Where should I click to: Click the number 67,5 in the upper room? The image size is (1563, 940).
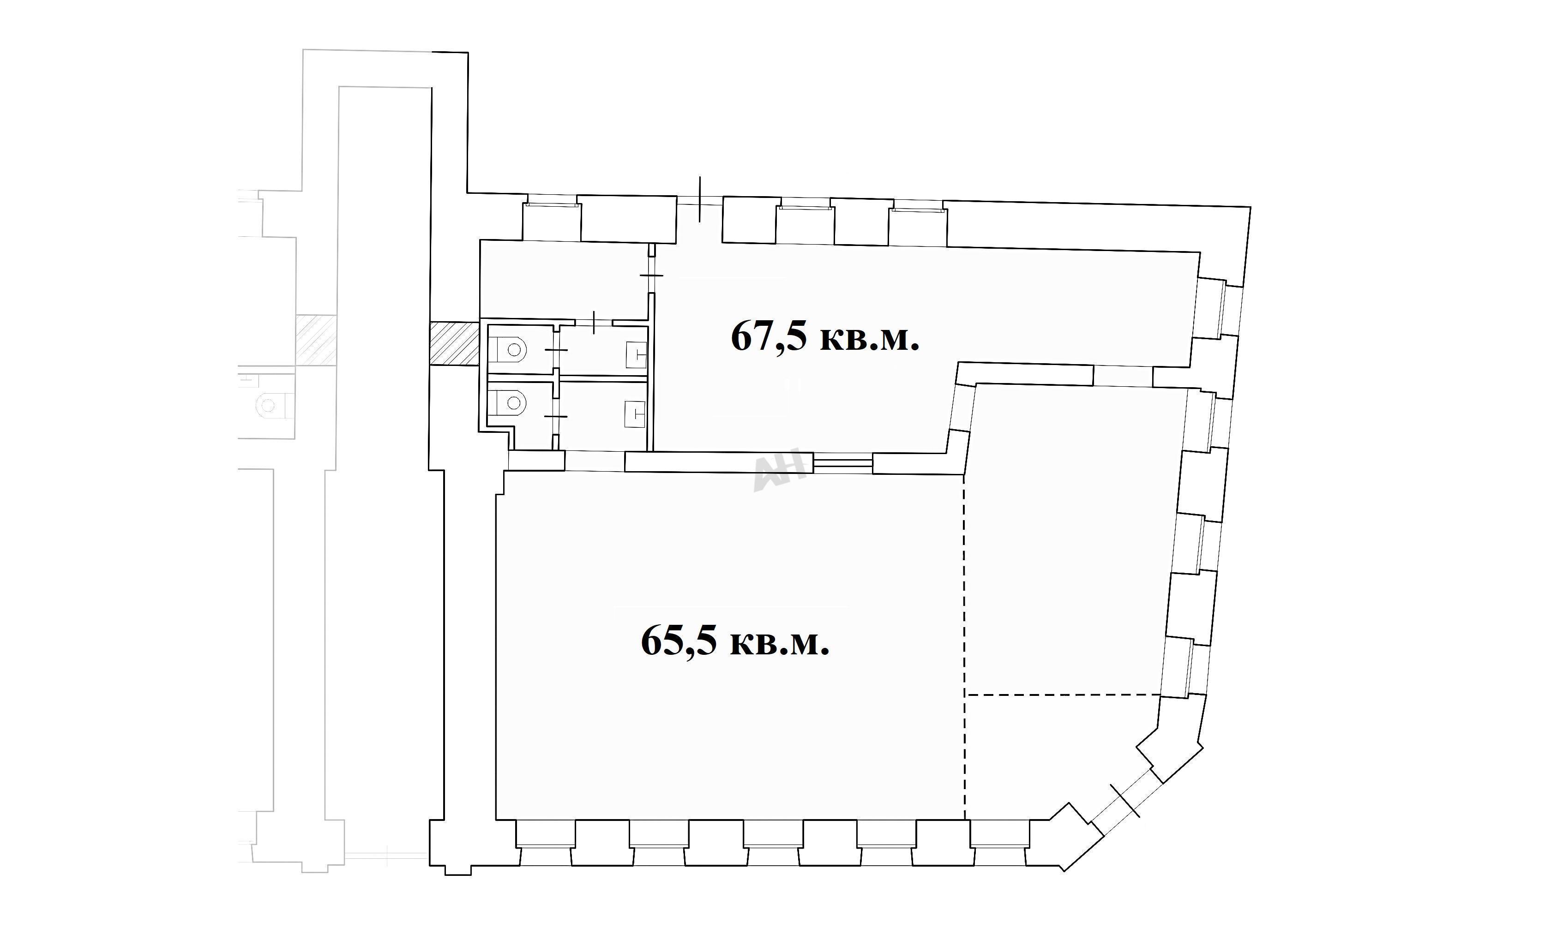click(769, 336)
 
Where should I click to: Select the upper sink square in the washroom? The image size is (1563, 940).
click(636, 355)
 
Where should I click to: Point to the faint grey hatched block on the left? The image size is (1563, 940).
click(316, 340)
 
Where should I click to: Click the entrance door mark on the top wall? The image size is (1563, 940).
click(699, 199)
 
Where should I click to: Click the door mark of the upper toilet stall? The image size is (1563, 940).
click(556, 350)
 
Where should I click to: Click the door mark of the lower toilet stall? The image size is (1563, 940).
click(556, 416)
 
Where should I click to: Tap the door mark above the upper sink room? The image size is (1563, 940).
click(594, 323)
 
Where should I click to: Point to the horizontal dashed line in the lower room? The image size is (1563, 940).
click(1062, 695)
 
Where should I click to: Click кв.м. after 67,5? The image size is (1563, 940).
click(870, 338)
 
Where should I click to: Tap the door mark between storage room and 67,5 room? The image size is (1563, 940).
click(651, 275)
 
